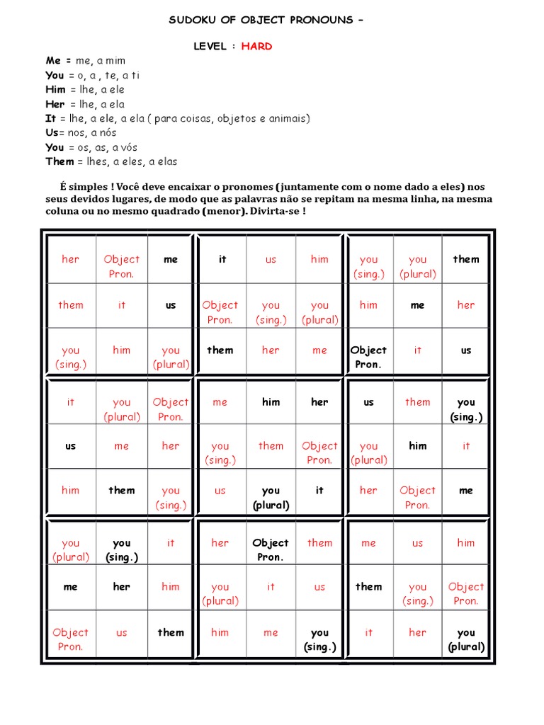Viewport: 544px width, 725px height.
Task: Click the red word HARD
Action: pos(256,46)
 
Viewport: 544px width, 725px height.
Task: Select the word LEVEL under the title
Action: pos(211,46)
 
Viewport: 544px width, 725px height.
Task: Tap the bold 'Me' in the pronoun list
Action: pos(53,61)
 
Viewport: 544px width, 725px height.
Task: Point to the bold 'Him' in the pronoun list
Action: pos(55,90)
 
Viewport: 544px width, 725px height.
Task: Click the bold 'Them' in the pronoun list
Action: pos(59,161)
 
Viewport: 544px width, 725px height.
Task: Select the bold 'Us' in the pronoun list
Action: pos(52,132)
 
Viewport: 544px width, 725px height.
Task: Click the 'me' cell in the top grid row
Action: pos(171,259)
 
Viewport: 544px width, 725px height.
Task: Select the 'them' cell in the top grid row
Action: pos(465,259)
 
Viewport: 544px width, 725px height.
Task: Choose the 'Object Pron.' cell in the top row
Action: pos(121,266)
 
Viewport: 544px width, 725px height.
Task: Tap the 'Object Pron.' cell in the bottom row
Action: pos(70,639)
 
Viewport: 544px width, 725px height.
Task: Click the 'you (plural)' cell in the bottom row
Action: pos(465,639)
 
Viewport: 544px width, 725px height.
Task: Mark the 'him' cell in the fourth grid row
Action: pos(271,402)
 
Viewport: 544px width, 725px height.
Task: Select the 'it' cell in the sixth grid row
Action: pos(319,490)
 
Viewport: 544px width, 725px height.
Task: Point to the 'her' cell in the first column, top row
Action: pos(70,259)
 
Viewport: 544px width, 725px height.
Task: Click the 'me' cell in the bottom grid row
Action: pos(271,632)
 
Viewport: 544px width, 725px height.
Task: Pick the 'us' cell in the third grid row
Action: pos(465,350)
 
